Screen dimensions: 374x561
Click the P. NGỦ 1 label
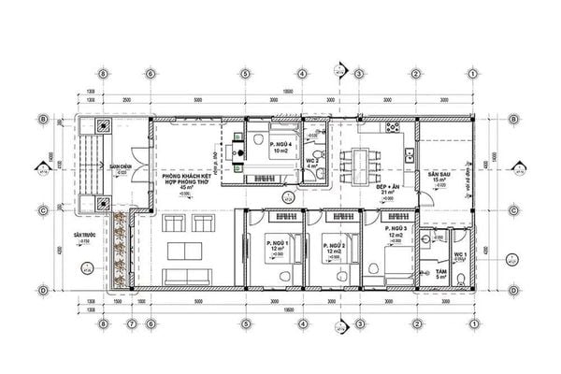click(275, 242)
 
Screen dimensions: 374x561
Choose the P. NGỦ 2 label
click(333, 243)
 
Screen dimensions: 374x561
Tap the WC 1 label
click(460, 254)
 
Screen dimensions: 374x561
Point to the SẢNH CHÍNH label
click(119, 166)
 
